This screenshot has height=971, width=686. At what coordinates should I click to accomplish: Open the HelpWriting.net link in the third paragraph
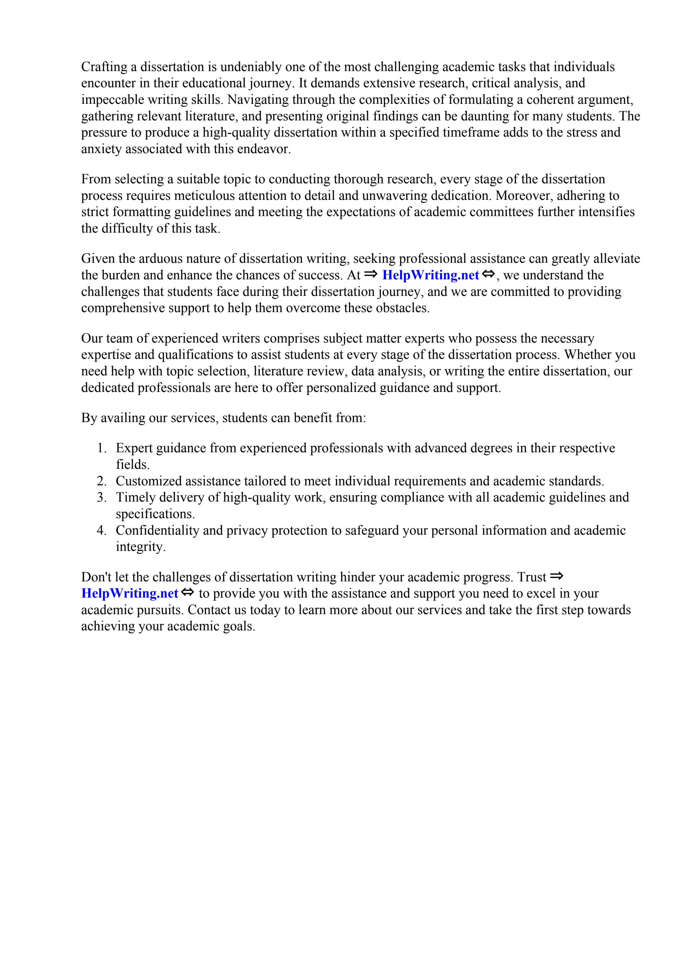[430, 275]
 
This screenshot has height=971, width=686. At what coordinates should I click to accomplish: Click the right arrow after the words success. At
[370, 274]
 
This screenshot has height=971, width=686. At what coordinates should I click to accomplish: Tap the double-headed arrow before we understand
[488, 274]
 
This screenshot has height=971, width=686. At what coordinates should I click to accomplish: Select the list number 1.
[102, 448]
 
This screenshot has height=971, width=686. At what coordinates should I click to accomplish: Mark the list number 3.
[102, 497]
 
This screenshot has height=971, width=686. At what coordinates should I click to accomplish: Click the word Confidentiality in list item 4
[157, 530]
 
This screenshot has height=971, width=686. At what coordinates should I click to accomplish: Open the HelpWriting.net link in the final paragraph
[129, 594]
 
